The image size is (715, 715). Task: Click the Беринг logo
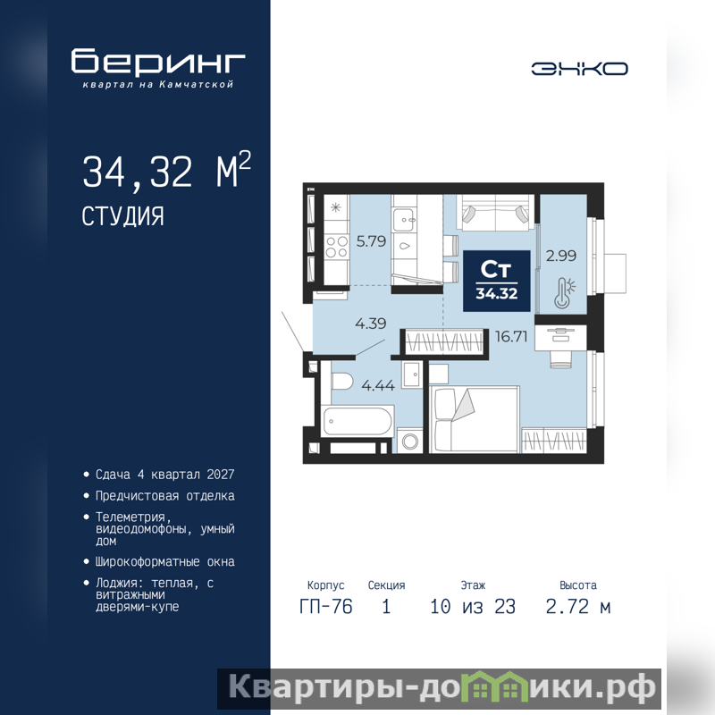coord(158,67)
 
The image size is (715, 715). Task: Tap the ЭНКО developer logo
coord(579,69)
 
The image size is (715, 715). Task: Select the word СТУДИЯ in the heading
coord(122,216)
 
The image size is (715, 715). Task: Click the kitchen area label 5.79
coord(371,240)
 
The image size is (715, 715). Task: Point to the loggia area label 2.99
coord(561,256)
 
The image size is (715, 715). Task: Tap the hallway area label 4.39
coord(371,324)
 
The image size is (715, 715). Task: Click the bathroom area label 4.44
coord(378,386)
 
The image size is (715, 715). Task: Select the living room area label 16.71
coord(511,337)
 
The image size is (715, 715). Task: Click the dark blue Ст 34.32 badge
coord(497,281)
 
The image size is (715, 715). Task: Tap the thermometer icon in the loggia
coord(564,293)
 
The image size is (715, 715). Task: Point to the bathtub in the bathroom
coord(357,421)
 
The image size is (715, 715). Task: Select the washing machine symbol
coord(410,441)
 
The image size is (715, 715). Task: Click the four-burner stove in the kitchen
coord(337,247)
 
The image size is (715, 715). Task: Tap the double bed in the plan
coord(475,419)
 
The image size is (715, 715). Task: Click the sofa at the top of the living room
coord(496,213)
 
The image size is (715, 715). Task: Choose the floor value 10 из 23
coord(473,607)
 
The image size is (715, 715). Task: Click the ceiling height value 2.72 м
coord(577,607)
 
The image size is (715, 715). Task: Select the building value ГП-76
coord(326,607)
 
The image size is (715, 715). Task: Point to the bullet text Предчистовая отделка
coord(165,496)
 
